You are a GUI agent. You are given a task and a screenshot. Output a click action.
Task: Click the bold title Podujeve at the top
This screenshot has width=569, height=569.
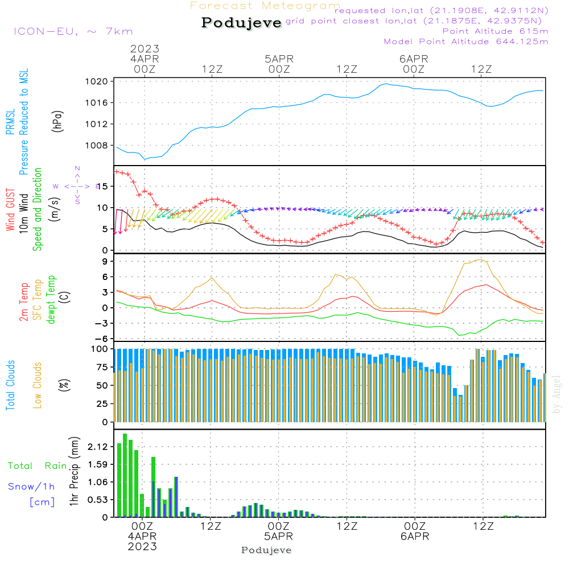(241, 23)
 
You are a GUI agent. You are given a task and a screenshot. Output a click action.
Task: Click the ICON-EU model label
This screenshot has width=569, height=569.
(72, 31)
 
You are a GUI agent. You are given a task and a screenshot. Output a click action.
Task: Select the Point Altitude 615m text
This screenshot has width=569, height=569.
(495, 31)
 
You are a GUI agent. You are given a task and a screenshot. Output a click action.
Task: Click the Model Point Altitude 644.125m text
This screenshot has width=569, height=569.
(466, 42)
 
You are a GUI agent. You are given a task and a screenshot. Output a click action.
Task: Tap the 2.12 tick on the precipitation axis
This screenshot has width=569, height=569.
(98, 447)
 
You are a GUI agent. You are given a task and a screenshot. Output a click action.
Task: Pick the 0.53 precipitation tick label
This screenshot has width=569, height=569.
(98, 500)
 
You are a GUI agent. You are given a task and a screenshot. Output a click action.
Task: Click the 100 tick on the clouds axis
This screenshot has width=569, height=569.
(100, 348)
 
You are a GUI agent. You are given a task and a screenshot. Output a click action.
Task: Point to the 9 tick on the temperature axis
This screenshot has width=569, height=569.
(105, 261)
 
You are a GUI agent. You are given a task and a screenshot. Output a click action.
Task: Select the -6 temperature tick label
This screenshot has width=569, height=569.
(102, 339)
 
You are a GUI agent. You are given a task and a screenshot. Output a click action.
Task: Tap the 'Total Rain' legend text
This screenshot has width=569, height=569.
(37, 466)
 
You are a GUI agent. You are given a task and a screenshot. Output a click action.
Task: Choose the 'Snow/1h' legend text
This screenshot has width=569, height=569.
(31, 486)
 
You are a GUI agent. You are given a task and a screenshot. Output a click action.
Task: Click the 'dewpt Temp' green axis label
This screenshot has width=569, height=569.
(51, 300)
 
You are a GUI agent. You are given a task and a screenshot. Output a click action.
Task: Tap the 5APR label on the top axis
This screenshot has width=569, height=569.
(279, 59)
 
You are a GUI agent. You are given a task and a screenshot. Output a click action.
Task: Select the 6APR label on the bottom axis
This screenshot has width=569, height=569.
(415, 537)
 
